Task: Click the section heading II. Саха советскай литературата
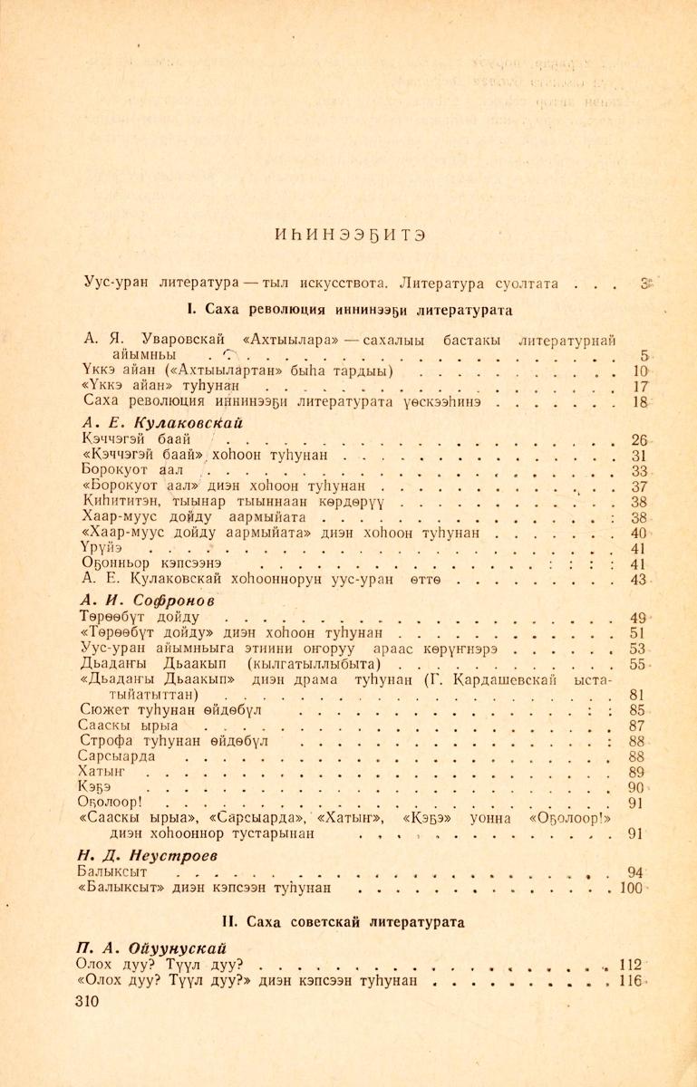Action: [x=349, y=922]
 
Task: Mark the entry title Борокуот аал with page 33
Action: [x=132, y=472]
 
